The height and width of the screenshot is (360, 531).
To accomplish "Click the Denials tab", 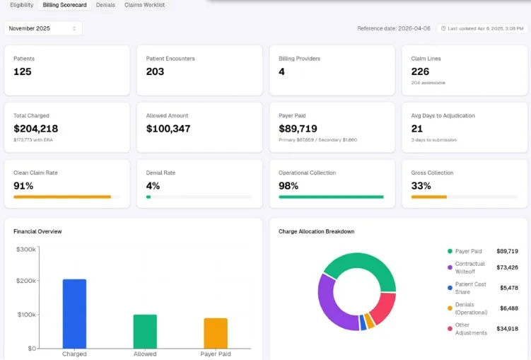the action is pyautogui.click(x=105, y=5).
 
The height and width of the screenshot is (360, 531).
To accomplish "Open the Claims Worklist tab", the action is pyautogui.click(x=145, y=5).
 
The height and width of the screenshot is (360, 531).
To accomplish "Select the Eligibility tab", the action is pyautogui.click(x=22, y=5).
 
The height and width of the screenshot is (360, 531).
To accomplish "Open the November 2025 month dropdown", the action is pyautogui.click(x=43, y=28).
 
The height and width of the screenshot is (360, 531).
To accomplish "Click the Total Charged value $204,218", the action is pyautogui.click(x=36, y=129).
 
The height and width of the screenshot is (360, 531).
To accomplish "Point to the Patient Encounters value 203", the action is pyautogui.click(x=155, y=71).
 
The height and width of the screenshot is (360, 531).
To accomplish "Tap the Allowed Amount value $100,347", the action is pyautogui.click(x=168, y=129).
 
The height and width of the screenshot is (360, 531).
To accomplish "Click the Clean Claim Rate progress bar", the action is pyautogui.click(x=66, y=197).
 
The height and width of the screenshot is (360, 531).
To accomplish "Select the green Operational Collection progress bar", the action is pyautogui.click(x=331, y=197).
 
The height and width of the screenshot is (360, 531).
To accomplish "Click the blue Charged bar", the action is pyautogui.click(x=74, y=314).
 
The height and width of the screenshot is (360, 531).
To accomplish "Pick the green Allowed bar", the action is pyautogui.click(x=145, y=332).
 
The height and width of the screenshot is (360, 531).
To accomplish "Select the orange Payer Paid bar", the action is pyautogui.click(x=216, y=333).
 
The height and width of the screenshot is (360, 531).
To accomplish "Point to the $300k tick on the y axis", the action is pyautogui.click(x=26, y=250).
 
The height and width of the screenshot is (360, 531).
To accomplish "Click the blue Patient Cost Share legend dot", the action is pyautogui.click(x=450, y=288).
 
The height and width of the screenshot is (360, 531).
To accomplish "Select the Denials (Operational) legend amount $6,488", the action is pyautogui.click(x=509, y=308).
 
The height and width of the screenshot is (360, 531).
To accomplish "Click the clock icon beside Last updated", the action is pyautogui.click(x=443, y=28).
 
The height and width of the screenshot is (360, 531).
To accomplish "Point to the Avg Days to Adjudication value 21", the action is pyautogui.click(x=417, y=129).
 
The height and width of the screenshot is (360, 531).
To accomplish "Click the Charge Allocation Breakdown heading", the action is pyautogui.click(x=317, y=232).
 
